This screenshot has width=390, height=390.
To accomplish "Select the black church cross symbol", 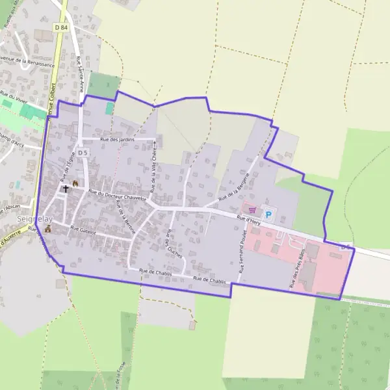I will pos(65,189).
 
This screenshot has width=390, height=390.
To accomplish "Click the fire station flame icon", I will pos(75,184).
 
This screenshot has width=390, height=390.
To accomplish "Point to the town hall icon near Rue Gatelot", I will pos(47,229).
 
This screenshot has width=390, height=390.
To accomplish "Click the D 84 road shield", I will pos(61,27).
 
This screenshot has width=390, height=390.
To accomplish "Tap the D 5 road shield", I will pos(83,152).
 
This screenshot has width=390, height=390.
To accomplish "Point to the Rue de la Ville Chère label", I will pos(154,168).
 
